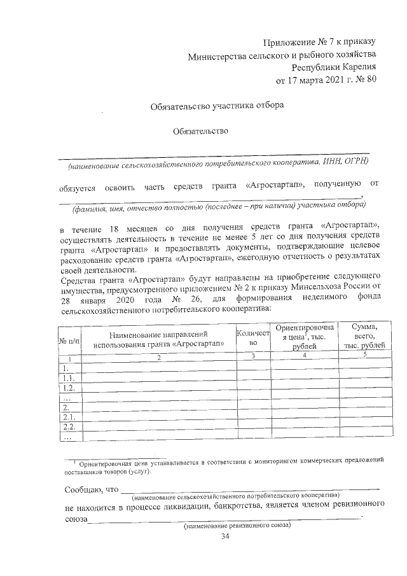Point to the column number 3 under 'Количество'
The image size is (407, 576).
[x=252, y=357]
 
